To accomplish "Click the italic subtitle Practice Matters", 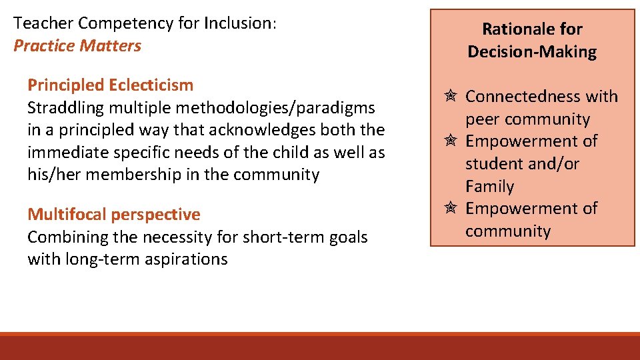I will tap(77, 46).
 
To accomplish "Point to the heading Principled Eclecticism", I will tap(110, 85).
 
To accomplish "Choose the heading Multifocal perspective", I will tap(113, 215).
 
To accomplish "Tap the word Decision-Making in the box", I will tap(532, 52).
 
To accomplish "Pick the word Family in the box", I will tap(489, 187).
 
